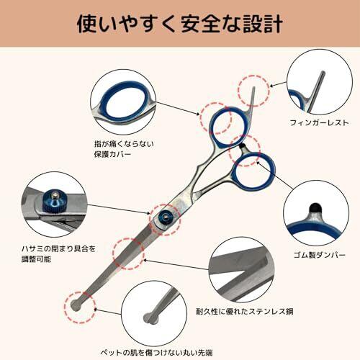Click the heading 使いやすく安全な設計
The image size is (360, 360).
coord(180,24)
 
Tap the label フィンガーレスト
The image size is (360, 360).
coord(320,123)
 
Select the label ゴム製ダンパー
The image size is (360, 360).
coord(320,255)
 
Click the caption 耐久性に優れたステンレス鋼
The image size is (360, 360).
coord(245,312)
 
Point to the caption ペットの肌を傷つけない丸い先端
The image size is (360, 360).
coord(156,353)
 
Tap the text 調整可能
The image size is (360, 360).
coord(36,259)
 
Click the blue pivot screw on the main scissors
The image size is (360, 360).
coord(165,217)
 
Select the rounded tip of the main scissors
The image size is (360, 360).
coord(77,306)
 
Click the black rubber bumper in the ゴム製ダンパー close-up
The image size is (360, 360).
coord(315,207)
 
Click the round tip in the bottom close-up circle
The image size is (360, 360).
coord(150,318)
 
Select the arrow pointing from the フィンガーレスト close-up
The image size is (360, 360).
coord(278,84)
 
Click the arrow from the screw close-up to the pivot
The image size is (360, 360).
coord(119,210)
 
